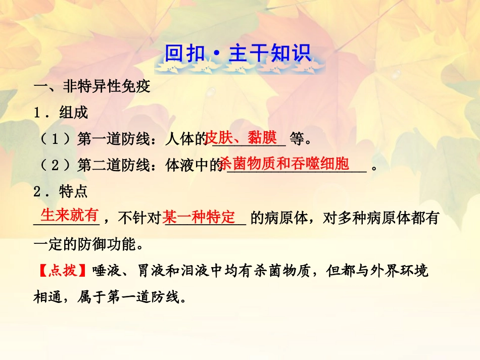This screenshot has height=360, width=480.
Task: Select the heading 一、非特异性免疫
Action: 92,87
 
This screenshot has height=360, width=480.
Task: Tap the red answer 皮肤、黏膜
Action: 242,137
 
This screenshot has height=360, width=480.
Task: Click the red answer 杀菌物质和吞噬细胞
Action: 285,164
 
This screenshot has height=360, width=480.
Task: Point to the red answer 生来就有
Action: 69,216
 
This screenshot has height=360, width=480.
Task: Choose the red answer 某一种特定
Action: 200,218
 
